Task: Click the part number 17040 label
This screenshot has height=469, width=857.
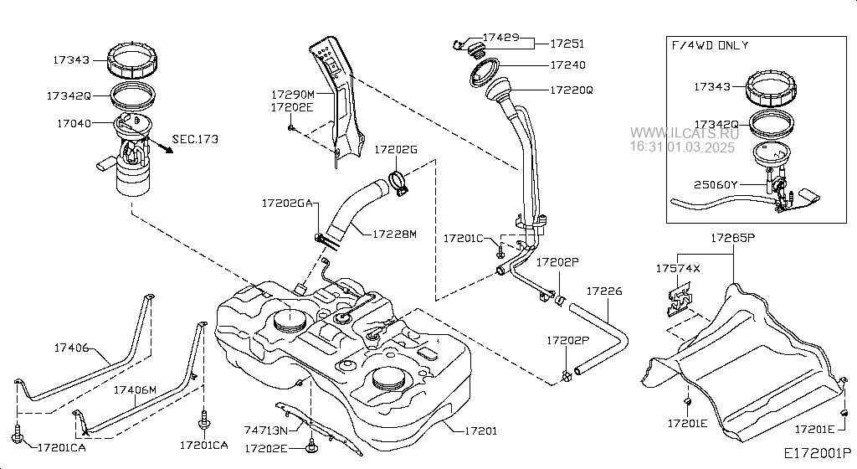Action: [74, 124]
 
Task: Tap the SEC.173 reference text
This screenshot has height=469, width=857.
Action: [195, 139]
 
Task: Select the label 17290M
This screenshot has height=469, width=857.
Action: [293, 95]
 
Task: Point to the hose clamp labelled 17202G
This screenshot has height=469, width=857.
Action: [398, 183]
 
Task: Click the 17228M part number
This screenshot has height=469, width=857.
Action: [395, 234]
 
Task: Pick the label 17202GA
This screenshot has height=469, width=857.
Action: [287, 204]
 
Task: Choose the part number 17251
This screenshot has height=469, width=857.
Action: [567, 44]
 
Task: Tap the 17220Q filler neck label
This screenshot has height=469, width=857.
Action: [571, 90]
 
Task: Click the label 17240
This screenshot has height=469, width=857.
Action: [567, 65]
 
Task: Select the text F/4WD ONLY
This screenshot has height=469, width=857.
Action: [710, 45]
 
